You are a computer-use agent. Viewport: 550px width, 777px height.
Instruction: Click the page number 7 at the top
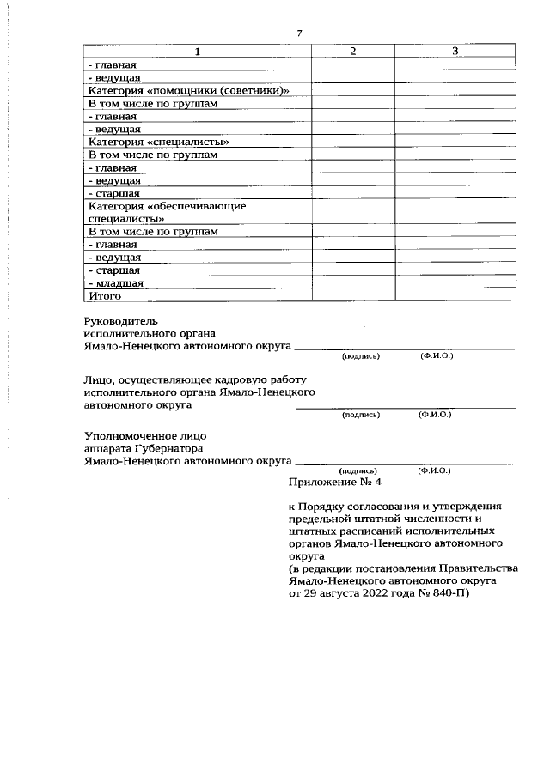pos(299,33)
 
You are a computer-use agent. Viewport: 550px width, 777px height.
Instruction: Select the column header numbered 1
pos(198,52)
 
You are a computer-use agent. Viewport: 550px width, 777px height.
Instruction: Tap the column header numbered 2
pos(353,52)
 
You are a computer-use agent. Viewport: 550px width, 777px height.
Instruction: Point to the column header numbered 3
pos(455,52)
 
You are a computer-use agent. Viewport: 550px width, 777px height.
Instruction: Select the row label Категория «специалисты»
pos(159,142)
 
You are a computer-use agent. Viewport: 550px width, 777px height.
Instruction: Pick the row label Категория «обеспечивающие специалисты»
pos(162,212)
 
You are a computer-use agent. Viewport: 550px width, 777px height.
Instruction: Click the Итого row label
pos(105,295)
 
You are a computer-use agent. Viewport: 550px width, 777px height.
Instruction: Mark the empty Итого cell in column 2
pos(353,295)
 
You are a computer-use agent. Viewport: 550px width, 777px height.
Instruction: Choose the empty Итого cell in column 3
pos(455,295)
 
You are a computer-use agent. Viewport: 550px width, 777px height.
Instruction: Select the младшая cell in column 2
pos(353,282)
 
